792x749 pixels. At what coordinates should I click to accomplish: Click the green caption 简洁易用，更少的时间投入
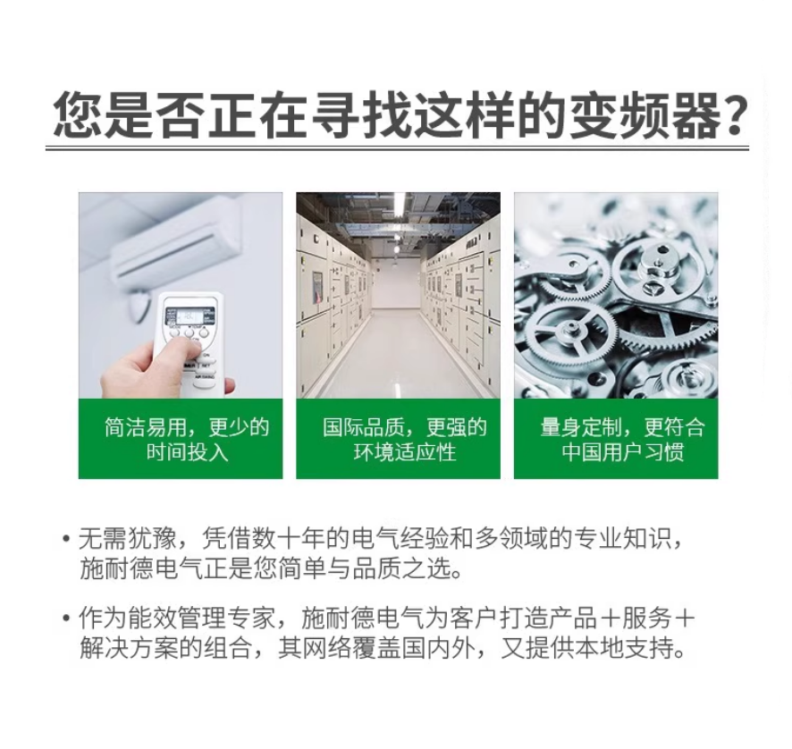(x=187, y=440)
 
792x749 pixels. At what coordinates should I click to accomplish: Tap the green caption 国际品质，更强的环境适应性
(x=405, y=440)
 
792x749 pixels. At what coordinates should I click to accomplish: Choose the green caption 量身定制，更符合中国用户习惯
(x=622, y=440)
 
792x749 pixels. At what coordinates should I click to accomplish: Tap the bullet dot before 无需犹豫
(x=65, y=539)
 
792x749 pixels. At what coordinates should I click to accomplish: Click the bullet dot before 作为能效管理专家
(x=65, y=618)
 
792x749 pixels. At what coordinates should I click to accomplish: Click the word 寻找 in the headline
(x=362, y=114)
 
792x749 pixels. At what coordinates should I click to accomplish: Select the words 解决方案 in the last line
(x=130, y=647)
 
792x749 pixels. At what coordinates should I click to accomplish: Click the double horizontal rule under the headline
(x=397, y=148)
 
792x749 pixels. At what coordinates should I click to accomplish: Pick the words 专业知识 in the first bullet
(x=624, y=539)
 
